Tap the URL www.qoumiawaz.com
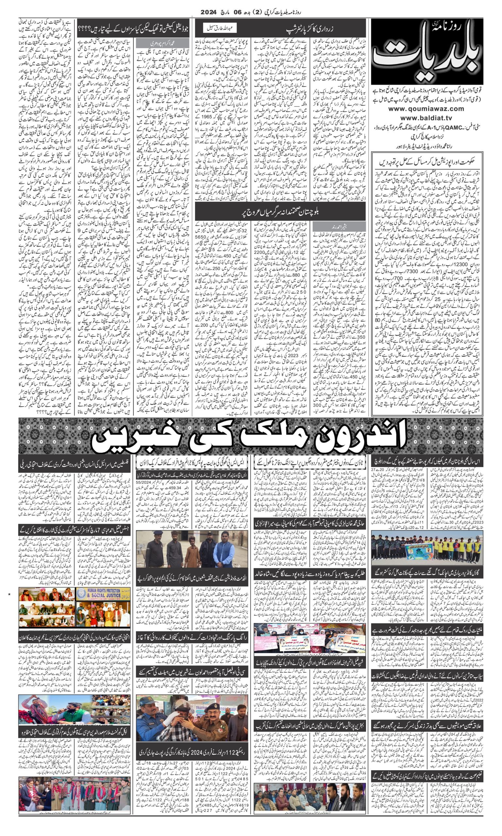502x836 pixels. point(426,108)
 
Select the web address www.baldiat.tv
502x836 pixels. point(426,118)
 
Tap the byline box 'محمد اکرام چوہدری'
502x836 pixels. point(162,43)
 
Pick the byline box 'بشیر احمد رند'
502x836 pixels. point(339,226)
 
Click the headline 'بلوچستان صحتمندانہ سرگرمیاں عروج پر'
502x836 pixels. point(280,212)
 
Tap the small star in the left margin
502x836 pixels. point(9,594)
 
